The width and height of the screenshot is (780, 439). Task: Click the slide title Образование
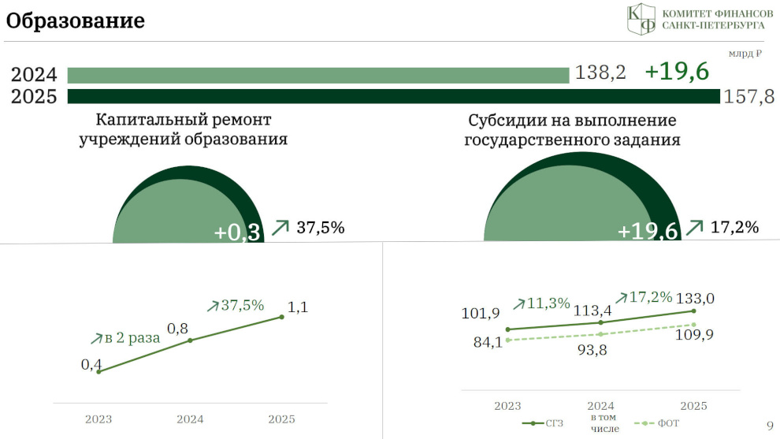pos(75,21)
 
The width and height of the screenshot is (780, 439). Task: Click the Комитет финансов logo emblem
pos(641,19)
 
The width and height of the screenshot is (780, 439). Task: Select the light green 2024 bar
pos(318,75)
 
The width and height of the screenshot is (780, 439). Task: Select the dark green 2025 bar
pos(393,96)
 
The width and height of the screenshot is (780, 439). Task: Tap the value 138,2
pos(600,73)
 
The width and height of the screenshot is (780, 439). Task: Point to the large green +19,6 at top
pos(677,71)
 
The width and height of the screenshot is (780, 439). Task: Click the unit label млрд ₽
pos(745,54)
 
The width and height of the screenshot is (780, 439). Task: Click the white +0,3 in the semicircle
pos(237,233)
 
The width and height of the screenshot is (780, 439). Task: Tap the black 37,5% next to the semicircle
pos(321,228)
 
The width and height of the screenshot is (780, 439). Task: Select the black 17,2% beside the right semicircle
pos(734,227)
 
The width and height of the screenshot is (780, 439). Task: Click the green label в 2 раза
pos(132,338)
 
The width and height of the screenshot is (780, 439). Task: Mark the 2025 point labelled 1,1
pos(281,317)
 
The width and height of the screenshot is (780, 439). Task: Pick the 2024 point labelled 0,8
pos(190,340)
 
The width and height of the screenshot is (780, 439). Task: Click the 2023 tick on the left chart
pos(98,419)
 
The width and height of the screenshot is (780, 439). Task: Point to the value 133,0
pos(695,298)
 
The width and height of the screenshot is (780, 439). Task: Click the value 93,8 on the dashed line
pos(592,350)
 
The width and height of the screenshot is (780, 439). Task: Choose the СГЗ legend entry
pos(542,423)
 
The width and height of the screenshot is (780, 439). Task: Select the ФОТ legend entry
pos(656,423)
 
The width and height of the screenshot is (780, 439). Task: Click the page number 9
pos(770,426)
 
